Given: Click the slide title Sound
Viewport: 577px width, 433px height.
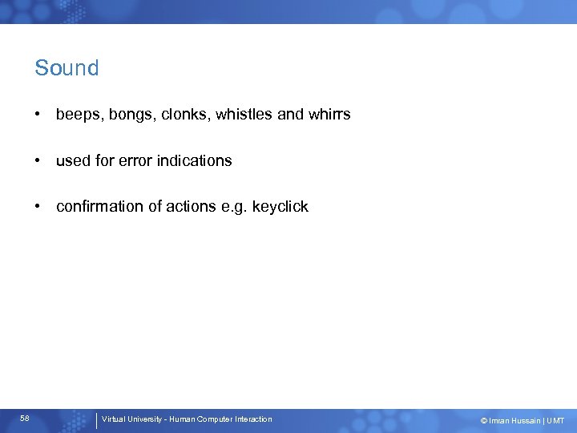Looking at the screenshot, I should pos(67,68).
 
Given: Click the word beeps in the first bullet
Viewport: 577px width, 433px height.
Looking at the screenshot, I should pos(77,115).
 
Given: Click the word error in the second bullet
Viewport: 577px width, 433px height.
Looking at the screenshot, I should pos(135,160).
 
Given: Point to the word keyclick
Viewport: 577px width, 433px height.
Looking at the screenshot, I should pos(280,207).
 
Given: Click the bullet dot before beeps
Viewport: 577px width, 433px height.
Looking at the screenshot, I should pos(38,115).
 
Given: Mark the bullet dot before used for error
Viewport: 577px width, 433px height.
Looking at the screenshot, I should pos(38,160).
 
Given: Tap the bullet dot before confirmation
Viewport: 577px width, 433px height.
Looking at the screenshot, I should pos(38,207).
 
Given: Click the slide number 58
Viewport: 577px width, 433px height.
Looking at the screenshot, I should pos(25,419).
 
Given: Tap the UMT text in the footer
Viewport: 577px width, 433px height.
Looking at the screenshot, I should pos(555,421).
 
